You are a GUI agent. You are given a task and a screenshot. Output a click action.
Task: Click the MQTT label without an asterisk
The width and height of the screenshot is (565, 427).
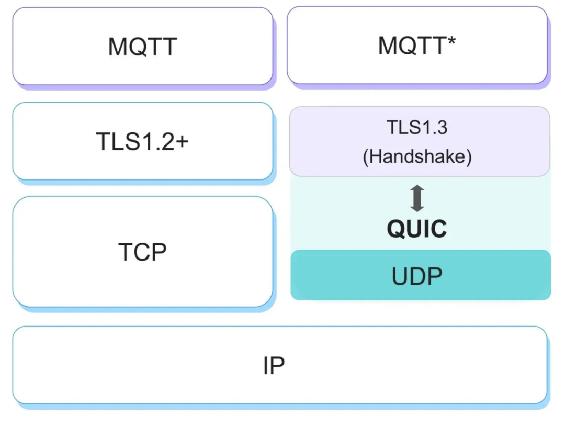tap(142, 47)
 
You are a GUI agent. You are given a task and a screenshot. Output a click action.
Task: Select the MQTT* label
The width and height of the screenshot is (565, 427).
tap(417, 46)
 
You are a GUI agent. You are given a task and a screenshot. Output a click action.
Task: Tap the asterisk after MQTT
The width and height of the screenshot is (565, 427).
tap(451, 41)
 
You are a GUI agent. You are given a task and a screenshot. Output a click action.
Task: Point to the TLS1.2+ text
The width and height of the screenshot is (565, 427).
tap(142, 141)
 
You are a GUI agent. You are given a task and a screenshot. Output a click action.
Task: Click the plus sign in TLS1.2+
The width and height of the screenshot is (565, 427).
tap(182, 141)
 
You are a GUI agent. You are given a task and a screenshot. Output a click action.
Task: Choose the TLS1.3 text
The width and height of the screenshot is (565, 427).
tap(417, 127)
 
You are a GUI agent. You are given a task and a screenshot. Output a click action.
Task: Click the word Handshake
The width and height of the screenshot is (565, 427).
tap(417, 156)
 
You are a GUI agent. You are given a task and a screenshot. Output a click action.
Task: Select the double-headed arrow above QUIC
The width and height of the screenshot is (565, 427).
tap(417, 198)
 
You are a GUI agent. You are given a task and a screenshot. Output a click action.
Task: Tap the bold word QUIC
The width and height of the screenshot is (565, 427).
tap(417, 229)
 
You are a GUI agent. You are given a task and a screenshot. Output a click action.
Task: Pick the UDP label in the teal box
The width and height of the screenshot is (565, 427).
tap(417, 276)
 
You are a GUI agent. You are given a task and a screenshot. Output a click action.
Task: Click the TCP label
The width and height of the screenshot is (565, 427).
tap(142, 252)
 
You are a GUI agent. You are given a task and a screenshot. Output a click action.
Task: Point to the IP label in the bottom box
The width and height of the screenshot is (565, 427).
tap(274, 365)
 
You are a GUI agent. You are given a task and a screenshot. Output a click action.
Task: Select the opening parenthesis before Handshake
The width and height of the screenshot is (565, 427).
tap(365, 157)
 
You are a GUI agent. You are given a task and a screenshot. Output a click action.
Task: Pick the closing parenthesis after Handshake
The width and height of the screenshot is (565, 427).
tap(469, 157)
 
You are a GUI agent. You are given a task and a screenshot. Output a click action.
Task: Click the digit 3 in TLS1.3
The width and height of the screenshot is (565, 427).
tap(442, 128)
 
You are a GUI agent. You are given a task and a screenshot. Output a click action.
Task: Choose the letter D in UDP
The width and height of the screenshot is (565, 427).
tap(417, 276)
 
